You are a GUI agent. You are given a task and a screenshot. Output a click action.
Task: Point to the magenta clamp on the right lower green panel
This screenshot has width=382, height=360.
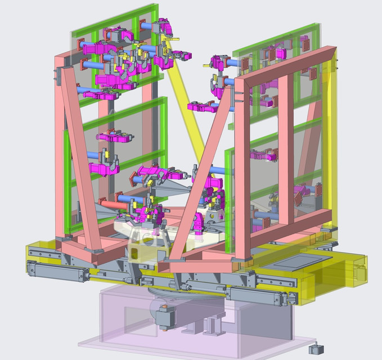(x=264, y=155)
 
